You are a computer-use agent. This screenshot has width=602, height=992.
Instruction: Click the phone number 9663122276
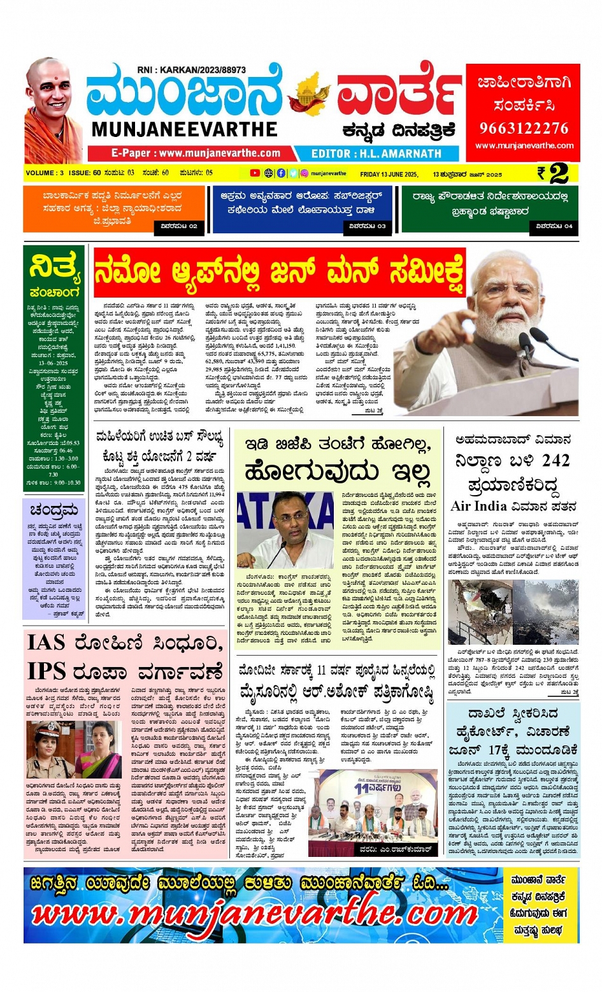(x=523, y=128)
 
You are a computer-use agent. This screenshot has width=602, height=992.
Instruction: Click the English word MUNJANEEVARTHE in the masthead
(x=184, y=129)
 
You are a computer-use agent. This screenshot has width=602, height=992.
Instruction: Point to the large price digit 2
(x=558, y=173)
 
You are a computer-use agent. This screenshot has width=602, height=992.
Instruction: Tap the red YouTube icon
(x=255, y=173)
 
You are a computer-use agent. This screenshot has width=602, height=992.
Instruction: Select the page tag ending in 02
(x=179, y=226)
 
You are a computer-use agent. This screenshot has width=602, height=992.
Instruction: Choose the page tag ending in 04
(x=554, y=226)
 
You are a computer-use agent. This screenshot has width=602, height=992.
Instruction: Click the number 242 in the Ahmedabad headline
(x=552, y=461)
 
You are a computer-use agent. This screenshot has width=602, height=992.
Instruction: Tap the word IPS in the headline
(x=46, y=672)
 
